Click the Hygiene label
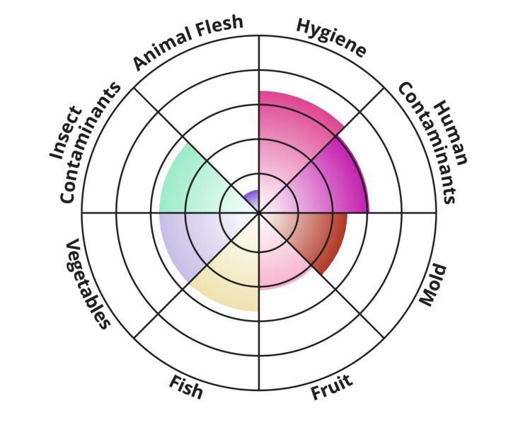coord(331,37)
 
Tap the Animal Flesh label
coord(188,41)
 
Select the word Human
coord(451,133)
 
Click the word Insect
coord(65,133)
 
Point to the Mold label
coord(433,285)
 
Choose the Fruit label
coord(332,387)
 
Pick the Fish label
coord(185,387)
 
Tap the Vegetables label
coord(87,284)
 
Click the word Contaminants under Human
coord(428,143)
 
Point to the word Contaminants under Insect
coord(90,142)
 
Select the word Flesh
coord(219,25)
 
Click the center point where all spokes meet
coord(259,212)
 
